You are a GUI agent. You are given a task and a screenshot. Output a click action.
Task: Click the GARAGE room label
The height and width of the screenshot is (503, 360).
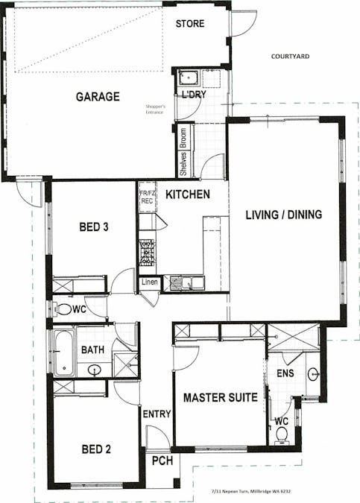(x=98, y=97)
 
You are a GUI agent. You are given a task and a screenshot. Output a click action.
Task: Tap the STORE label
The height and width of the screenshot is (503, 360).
(x=190, y=23)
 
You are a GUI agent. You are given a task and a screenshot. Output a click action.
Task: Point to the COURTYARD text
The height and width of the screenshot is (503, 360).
(x=290, y=57)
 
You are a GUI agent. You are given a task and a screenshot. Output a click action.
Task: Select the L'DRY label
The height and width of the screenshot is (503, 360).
(x=194, y=95)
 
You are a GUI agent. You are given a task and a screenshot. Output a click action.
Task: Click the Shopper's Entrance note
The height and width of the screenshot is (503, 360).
(x=155, y=109)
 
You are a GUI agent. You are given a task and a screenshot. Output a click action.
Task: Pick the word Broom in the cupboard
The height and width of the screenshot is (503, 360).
(x=183, y=138)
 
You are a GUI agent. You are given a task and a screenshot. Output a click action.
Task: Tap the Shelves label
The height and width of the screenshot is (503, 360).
(x=183, y=164)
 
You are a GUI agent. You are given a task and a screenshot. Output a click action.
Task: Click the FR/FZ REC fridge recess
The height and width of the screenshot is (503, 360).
(x=148, y=197)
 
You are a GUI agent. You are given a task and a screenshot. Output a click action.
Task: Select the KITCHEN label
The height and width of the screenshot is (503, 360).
(x=188, y=194)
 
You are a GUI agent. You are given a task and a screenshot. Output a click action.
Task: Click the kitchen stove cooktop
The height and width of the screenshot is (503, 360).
(x=147, y=253)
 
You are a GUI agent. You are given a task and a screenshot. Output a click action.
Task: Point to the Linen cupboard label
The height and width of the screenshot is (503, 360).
(x=150, y=282)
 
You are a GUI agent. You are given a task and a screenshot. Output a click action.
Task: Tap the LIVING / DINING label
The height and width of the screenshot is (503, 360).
(x=284, y=215)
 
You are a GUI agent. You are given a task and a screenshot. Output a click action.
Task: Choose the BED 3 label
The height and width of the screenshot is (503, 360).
(x=94, y=227)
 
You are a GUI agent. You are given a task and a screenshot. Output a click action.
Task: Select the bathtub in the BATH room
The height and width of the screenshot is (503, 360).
(x=63, y=352)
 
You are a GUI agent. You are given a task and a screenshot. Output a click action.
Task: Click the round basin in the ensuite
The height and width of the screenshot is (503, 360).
(x=313, y=374)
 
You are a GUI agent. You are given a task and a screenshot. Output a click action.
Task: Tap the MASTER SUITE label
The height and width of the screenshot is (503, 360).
(x=221, y=398)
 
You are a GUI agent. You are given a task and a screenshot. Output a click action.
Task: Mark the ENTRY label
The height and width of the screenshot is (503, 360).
(x=157, y=414)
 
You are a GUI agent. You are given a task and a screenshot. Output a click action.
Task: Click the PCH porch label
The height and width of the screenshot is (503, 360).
(x=162, y=461)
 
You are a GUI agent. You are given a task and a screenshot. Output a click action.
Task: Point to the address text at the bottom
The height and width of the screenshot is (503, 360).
(x=251, y=491)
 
